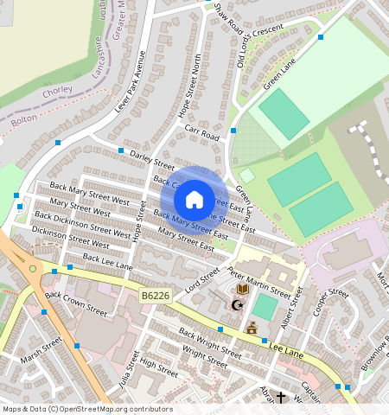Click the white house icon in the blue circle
pos(194,200)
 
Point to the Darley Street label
pos(152,160)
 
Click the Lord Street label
pos(201,278)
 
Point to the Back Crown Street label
pos(76,303)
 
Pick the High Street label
pos(158,368)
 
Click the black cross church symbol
pos(280,398)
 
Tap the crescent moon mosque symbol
pos(234,305)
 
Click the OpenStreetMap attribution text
pos(87,409)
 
